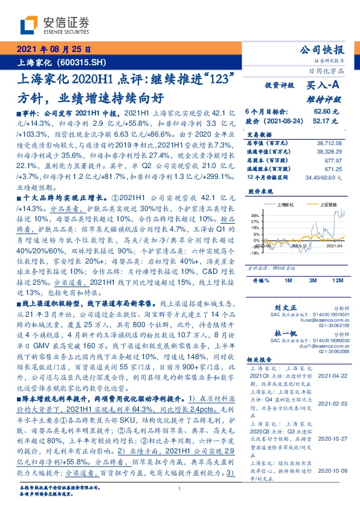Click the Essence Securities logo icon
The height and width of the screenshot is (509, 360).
(x=29, y=24)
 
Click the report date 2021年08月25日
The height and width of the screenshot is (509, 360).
(x=54, y=51)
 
